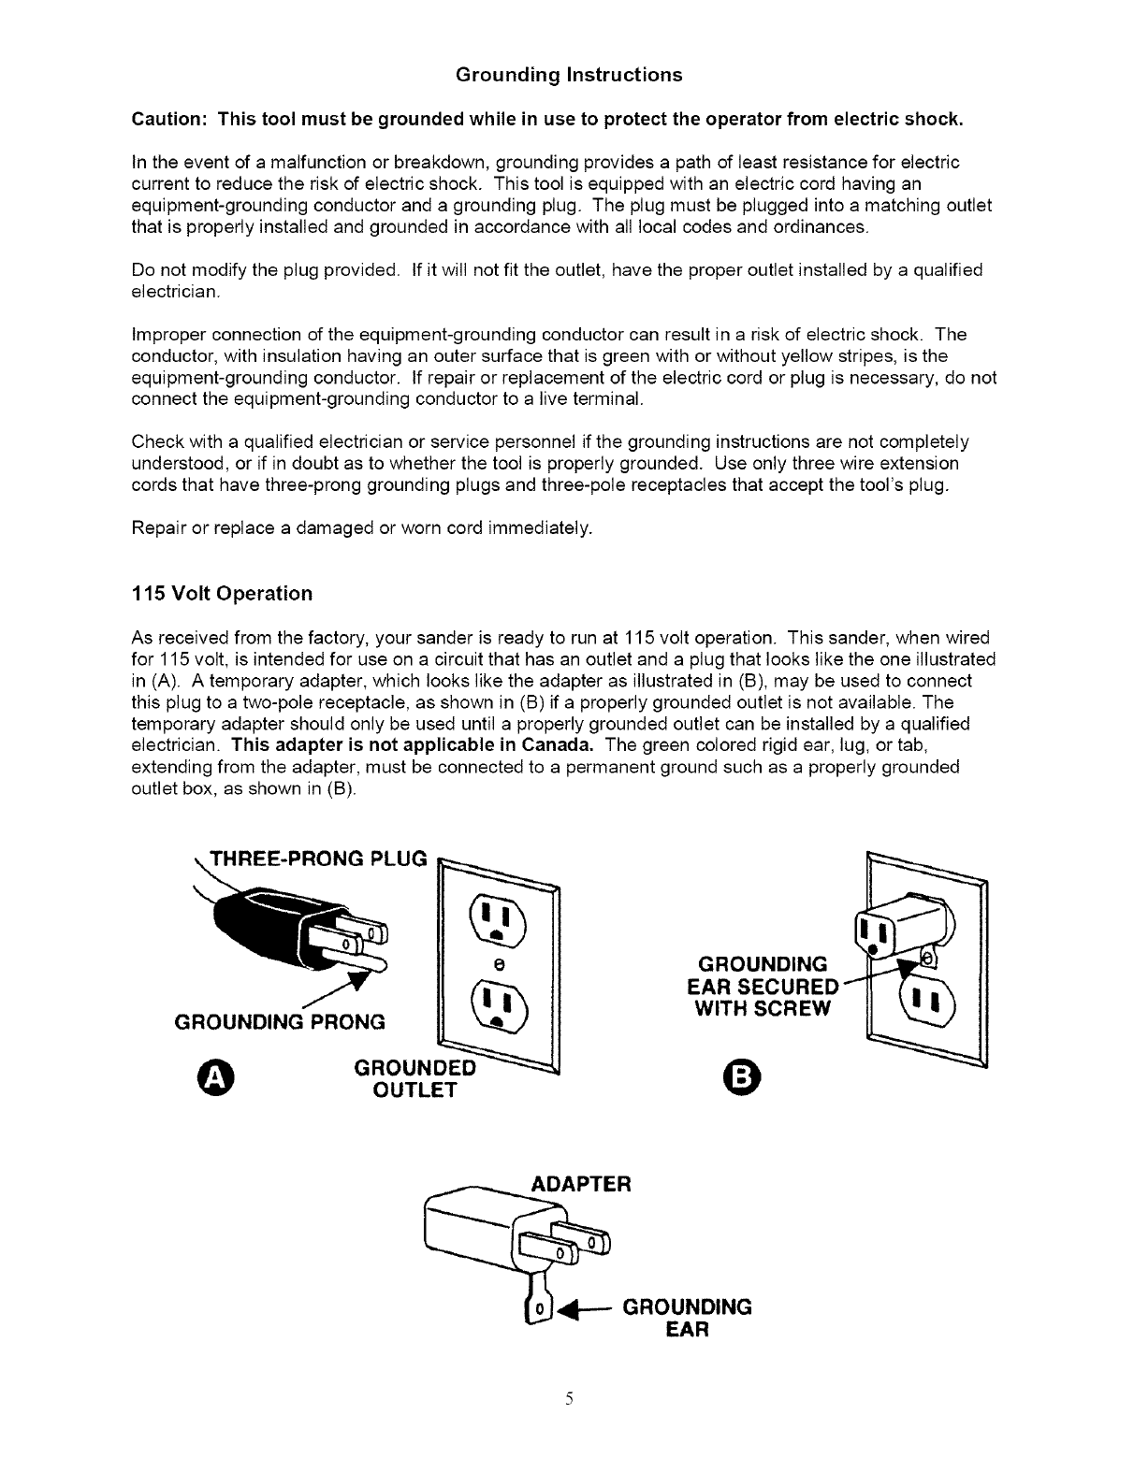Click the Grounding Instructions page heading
[569, 75]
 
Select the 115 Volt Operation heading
[222, 594]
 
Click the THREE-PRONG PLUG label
[319, 859]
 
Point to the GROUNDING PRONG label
[281, 1021]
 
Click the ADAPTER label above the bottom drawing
[581, 1184]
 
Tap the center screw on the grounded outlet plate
[500, 962]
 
